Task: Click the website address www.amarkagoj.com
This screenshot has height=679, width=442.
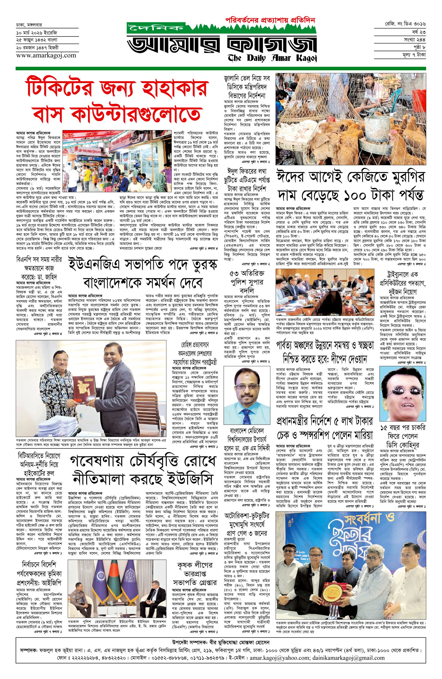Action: click(42, 55)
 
